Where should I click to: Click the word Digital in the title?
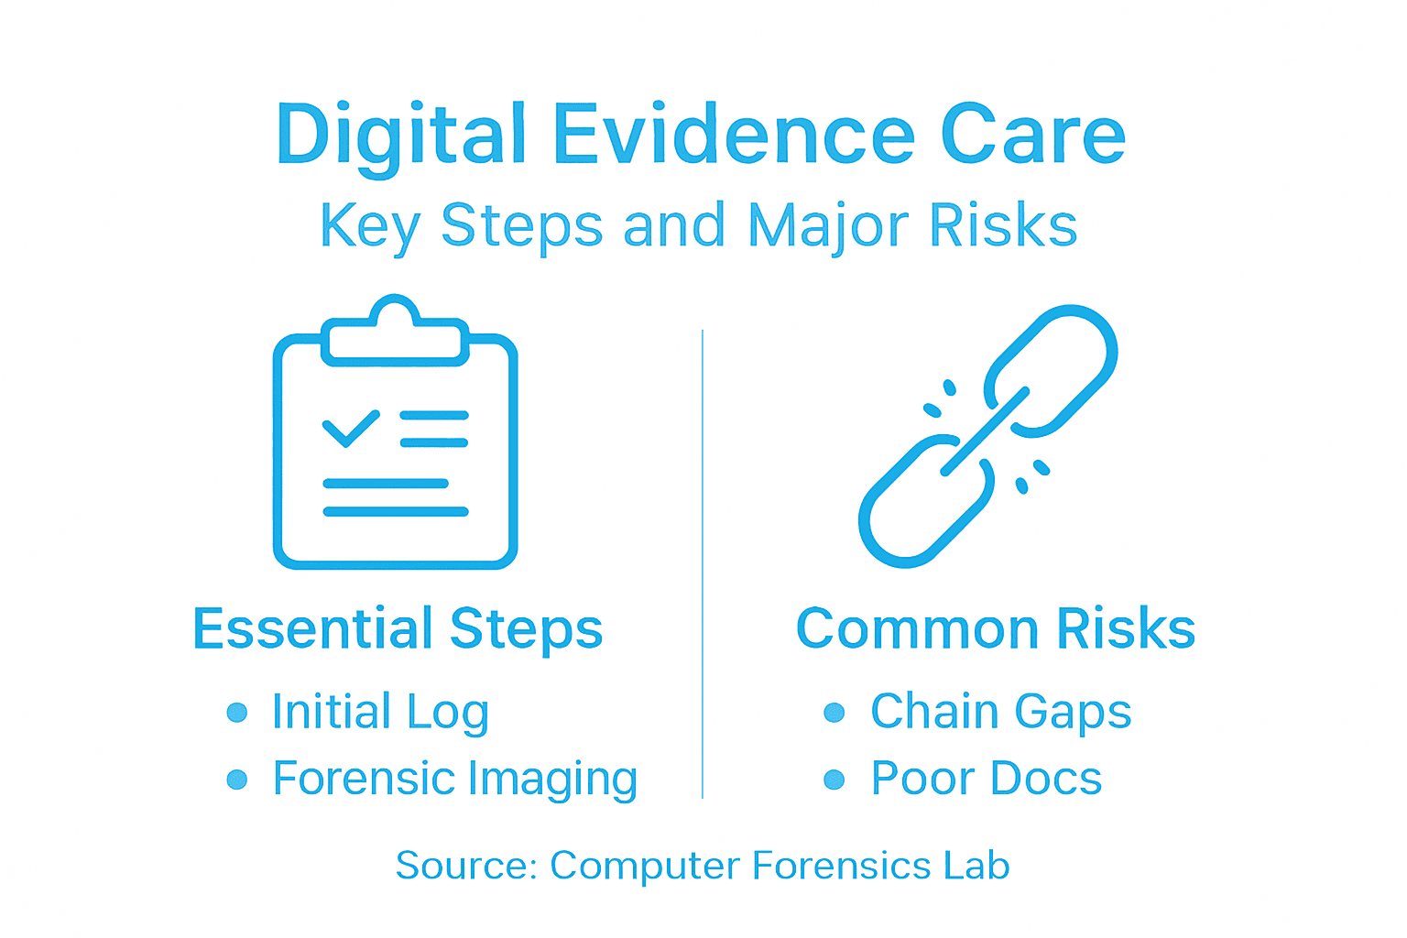401,135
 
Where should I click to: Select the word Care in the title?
1033,135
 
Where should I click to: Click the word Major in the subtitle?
828,225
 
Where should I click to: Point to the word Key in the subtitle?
370,225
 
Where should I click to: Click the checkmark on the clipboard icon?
351,427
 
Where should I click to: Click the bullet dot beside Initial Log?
237,713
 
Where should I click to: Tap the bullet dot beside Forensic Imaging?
237,780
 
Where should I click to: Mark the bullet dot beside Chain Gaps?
834,713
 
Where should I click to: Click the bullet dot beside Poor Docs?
834,780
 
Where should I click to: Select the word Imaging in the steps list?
552,780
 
